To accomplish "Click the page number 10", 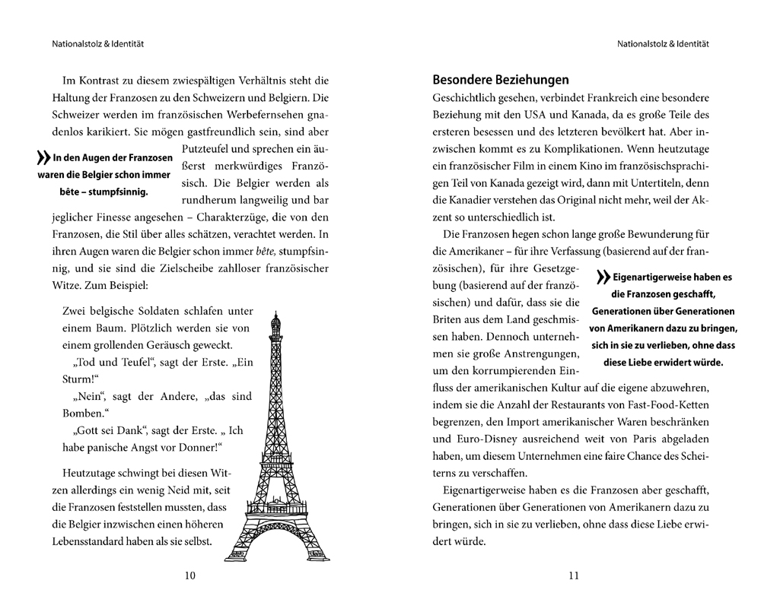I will [x=190, y=575].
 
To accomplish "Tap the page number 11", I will [x=574, y=575].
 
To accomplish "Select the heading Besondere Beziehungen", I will [x=500, y=79].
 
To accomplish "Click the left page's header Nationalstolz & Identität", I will [x=94, y=44].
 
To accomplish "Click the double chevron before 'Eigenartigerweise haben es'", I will [x=605, y=278].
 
